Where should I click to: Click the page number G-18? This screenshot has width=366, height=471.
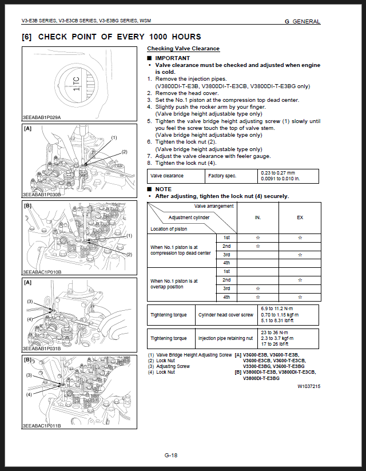pos(171,455)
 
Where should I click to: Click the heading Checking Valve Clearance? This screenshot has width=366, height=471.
pos(183,49)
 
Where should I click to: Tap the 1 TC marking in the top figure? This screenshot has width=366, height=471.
pos(76,83)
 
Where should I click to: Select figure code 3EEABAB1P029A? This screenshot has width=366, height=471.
pos(42,117)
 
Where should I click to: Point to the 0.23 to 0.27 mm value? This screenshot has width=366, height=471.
pos(278,173)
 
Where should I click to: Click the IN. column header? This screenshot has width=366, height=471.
pos(257,217)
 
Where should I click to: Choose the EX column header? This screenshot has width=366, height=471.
pos(300,217)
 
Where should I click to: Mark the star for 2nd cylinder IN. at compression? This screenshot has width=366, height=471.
pos(257,246)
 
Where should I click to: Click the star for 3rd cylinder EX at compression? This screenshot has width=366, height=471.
pos(300,255)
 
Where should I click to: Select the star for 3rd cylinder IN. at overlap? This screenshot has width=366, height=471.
pos(257,288)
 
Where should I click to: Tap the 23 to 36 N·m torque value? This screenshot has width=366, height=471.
pos(274,333)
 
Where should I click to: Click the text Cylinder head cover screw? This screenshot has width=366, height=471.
pos(226,315)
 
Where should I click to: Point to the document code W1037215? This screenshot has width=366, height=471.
pos(309,386)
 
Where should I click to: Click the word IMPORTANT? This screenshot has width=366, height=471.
pos(172,58)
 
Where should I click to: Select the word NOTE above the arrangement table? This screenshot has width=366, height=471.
pos(164,189)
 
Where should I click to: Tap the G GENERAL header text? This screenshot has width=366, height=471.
pos(303,21)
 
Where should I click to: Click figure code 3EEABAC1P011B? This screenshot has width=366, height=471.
pos(42,426)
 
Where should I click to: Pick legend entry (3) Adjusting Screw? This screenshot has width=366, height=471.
pos(169,366)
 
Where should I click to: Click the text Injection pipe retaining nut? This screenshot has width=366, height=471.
pos(225,338)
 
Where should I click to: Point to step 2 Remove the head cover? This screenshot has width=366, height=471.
pos(183,93)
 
